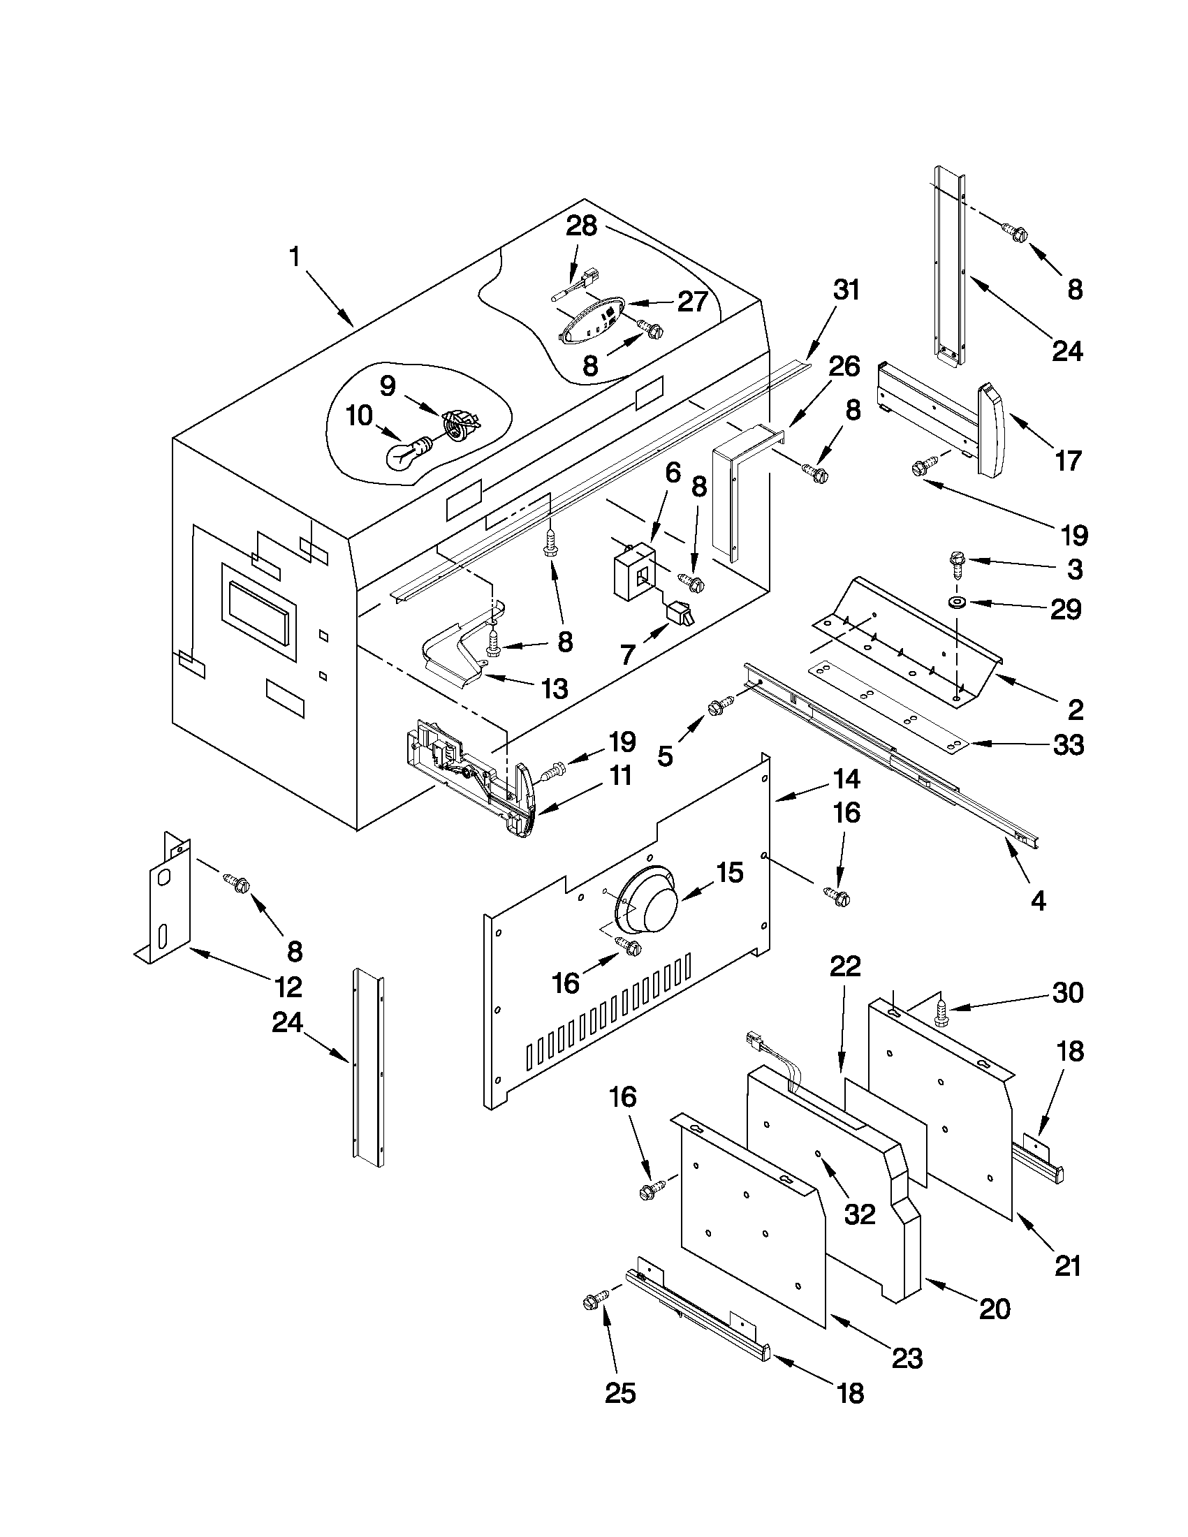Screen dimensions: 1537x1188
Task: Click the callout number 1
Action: pyautogui.click(x=295, y=257)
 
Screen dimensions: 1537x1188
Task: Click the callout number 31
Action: pyautogui.click(x=846, y=291)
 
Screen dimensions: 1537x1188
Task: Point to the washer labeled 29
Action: pyautogui.click(x=958, y=603)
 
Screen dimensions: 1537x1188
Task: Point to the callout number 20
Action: pyautogui.click(x=994, y=1308)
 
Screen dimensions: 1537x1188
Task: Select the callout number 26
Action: pyautogui.click(x=844, y=367)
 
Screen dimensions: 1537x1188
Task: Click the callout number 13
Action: pyautogui.click(x=555, y=689)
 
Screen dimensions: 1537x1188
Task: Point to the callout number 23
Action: pyautogui.click(x=907, y=1358)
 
